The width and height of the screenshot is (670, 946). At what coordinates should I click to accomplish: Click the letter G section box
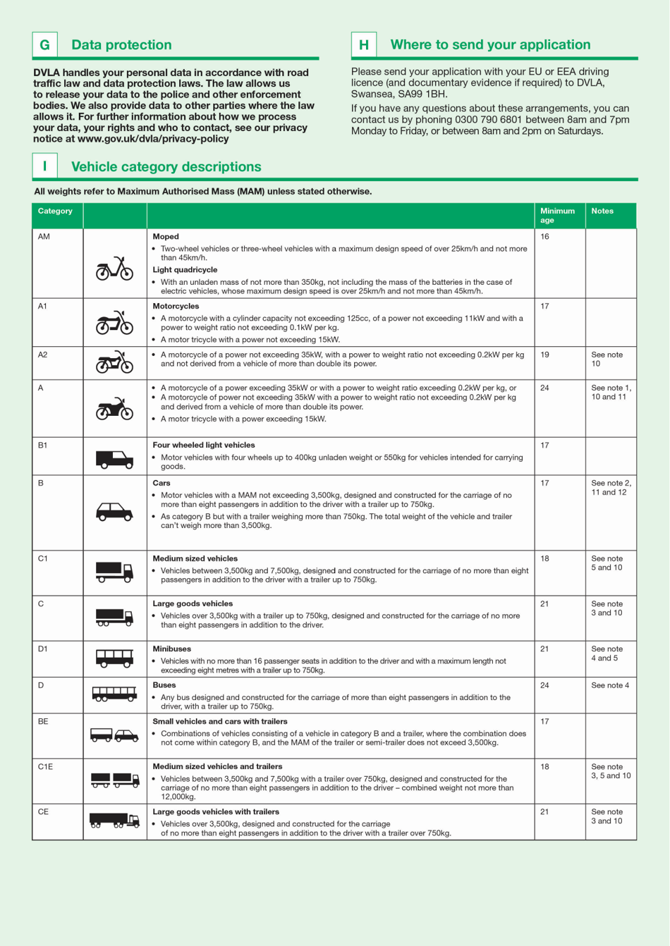pyautogui.click(x=44, y=45)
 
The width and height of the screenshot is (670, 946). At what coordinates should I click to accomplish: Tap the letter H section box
pyautogui.click(x=364, y=45)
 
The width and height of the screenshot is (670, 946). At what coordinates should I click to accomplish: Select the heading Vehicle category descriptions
pyautogui.click(x=166, y=167)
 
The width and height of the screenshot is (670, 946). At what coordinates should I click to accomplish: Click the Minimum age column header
pyautogui.click(x=557, y=215)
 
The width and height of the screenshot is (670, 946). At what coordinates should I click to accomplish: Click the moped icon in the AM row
pyautogui.click(x=114, y=269)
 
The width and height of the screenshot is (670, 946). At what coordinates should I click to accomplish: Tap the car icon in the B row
pyautogui.click(x=114, y=512)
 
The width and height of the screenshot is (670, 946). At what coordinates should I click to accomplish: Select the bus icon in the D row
pyautogui.click(x=114, y=694)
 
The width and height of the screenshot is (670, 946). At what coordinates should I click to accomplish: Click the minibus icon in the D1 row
pyautogui.click(x=114, y=658)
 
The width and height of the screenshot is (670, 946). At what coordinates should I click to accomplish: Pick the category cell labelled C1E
pyautogui.click(x=45, y=767)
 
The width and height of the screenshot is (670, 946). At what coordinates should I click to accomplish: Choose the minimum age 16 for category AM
pyautogui.click(x=544, y=237)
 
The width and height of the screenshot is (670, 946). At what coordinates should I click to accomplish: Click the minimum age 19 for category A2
pyautogui.click(x=544, y=355)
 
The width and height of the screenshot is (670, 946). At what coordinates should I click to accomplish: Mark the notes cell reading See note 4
pyautogui.click(x=609, y=685)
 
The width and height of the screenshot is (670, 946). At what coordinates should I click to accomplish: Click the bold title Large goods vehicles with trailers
pyautogui.click(x=216, y=812)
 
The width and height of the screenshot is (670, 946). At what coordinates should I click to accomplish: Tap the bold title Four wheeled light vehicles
pyautogui.click(x=204, y=446)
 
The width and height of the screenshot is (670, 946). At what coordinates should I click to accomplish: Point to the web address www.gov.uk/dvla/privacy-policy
pyautogui.click(x=153, y=139)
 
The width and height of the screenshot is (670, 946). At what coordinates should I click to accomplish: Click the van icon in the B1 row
pyautogui.click(x=114, y=460)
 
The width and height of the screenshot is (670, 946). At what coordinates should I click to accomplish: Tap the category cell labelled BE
pyautogui.click(x=43, y=722)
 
